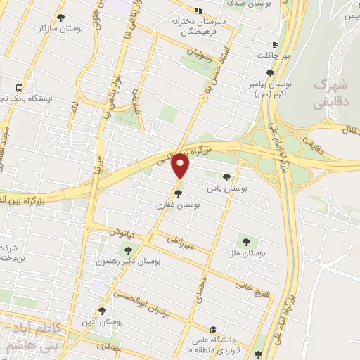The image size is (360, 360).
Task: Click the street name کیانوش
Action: [x=121, y=233]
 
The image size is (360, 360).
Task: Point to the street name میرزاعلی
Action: [x=181, y=243]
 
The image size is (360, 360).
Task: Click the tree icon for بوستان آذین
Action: [x=103, y=310]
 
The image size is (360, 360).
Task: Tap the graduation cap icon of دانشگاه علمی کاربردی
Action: [x=212, y=328]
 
